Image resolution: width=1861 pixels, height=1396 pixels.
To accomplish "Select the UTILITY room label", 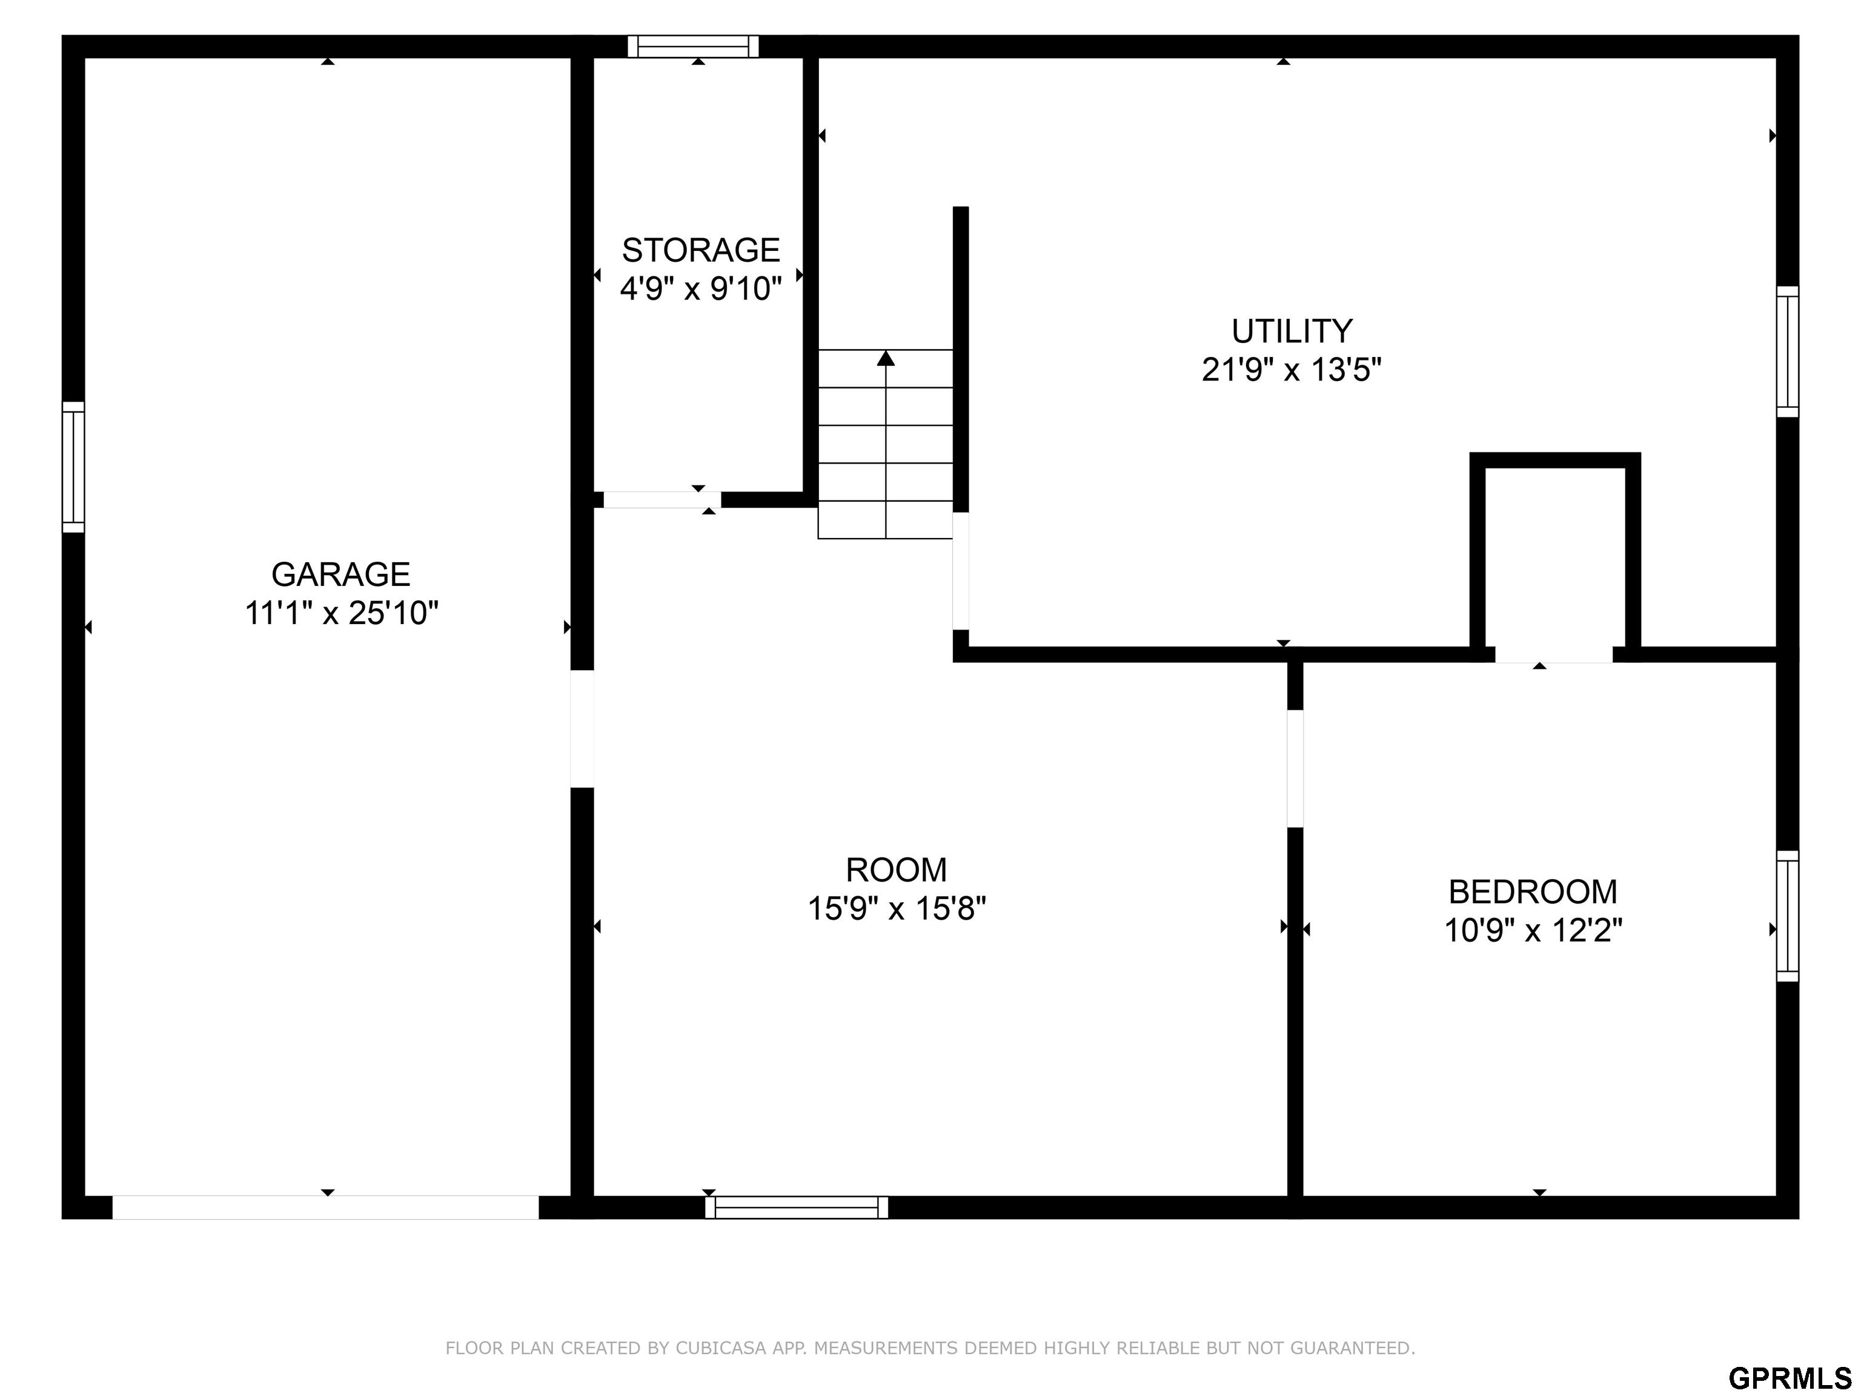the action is coord(1292,331).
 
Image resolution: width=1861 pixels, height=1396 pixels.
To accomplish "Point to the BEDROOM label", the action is coord(1533,891).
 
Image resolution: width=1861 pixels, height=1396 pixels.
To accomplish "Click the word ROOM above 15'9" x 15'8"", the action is coord(896,869).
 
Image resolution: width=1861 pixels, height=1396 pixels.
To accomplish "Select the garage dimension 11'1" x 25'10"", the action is coord(342,613).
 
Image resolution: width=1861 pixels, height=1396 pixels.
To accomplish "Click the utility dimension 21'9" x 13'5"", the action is coord(1292,370).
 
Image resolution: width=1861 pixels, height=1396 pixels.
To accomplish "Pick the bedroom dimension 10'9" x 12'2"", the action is coord(1533,930).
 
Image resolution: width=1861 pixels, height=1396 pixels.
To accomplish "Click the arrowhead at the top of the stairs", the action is coord(885,359).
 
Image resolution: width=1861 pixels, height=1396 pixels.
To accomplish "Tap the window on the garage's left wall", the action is coord(73,467).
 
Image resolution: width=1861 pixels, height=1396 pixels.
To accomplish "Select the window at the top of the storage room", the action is coord(693,46).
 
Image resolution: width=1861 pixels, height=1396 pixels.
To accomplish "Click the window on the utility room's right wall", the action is coord(1788,352).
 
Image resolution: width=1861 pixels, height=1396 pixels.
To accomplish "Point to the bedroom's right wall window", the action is coord(1788,916).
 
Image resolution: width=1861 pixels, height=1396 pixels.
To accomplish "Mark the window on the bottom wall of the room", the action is coord(796,1208).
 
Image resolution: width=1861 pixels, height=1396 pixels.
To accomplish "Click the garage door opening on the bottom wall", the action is coord(325,1208).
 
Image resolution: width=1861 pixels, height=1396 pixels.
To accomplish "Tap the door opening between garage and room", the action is coord(582,729).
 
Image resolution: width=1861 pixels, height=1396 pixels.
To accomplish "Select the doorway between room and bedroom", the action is coord(1296,769).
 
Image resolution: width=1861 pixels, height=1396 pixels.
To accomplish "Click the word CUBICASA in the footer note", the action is coord(721,1348).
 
